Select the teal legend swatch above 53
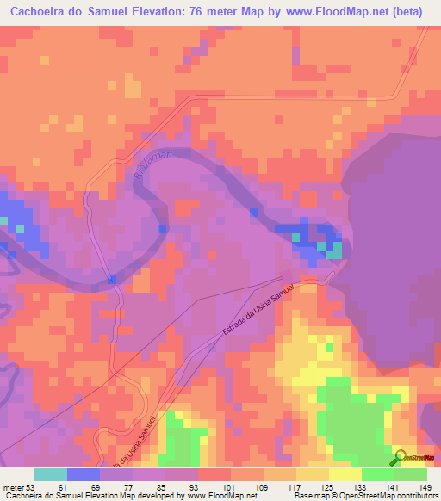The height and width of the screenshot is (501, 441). pos(51,474)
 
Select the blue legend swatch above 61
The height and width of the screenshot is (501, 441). pos(84,474)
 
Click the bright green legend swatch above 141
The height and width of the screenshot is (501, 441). pos(378,474)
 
